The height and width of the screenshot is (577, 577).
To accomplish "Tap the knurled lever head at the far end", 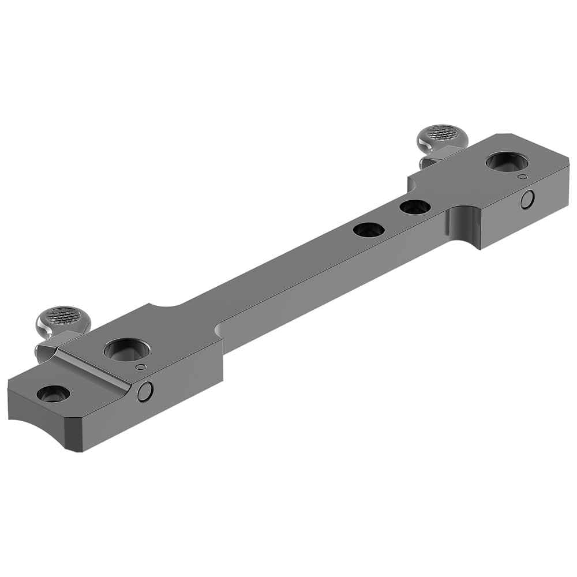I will pos(443,133).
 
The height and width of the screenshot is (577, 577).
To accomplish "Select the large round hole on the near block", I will pos(127,350).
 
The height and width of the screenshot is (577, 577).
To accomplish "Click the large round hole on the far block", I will pos(507,162).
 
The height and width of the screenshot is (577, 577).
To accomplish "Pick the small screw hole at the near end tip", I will pos(54,394).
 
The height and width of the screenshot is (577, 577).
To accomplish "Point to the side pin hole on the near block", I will pos(145,392).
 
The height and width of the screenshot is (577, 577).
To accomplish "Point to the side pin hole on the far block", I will pos(527,200).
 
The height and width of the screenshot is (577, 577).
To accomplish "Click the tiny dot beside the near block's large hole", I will pos(140,366).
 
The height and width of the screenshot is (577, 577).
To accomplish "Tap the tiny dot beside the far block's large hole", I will pos(522,177).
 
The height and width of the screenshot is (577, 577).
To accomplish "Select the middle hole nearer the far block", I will pos(415,207).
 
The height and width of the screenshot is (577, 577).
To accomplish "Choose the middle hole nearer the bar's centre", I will pos(369,230).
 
